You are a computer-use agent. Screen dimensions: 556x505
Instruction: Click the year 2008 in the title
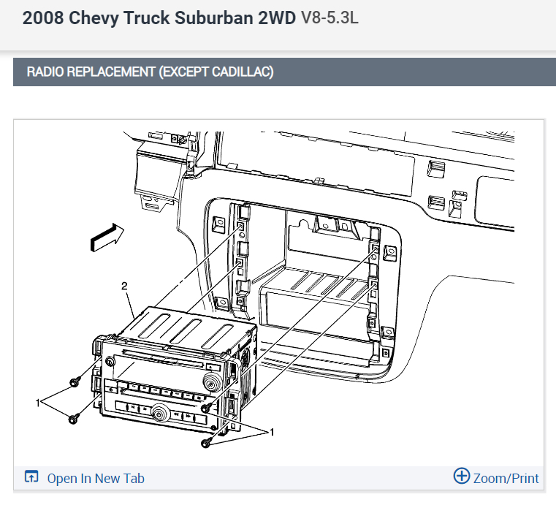(43, 18)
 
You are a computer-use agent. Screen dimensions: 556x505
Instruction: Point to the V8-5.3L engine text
(330, 18)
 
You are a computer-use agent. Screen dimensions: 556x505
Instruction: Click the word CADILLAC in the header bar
(243, 72)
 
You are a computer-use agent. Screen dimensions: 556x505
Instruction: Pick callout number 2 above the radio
(124, 286)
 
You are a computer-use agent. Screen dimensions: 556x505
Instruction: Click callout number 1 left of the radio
(38, 403)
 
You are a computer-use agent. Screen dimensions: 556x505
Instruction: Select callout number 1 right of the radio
(272, 432)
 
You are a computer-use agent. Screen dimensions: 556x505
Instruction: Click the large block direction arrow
(107, 237)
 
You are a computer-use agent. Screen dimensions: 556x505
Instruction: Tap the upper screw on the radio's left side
(74, 383)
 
